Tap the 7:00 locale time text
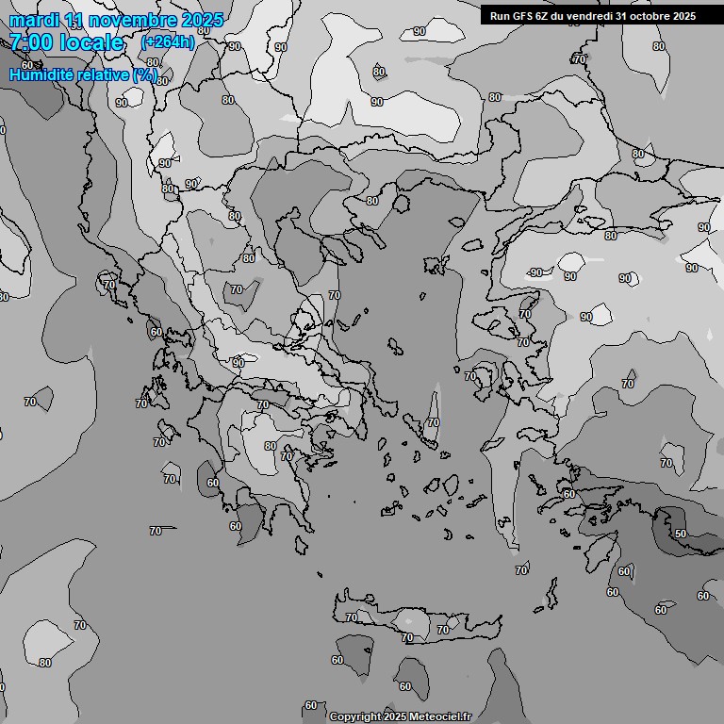66,42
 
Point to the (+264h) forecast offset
168,42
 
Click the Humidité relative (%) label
83,74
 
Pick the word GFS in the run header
523,15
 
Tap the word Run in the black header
500,15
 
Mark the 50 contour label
681,534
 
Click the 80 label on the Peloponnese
271,446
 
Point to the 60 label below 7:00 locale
26,65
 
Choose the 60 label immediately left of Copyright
311,705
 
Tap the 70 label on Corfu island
109,285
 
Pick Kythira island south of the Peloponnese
303,544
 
